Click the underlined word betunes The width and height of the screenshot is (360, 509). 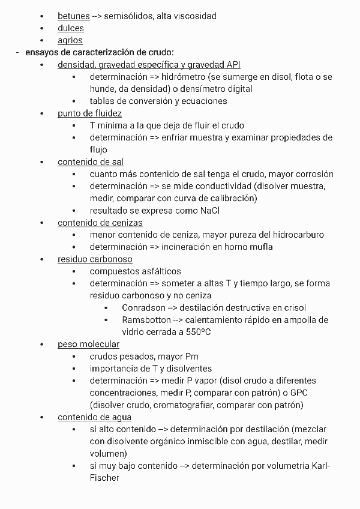click(73, 16)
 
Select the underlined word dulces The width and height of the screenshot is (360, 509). click(70, 28)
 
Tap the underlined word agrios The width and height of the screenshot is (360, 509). click(70, 41)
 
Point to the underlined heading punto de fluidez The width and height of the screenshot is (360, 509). click(89, 113)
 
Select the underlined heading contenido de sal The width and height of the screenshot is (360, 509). click(91, 162)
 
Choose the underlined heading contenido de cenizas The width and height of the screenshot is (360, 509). click(100, 223)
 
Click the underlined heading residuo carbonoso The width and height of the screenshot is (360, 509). click(95, 259)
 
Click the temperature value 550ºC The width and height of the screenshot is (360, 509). click(197, 332)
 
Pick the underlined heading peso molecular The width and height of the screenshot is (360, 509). click(88, 344)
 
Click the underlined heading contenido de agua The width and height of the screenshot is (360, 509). click(94, 417)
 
